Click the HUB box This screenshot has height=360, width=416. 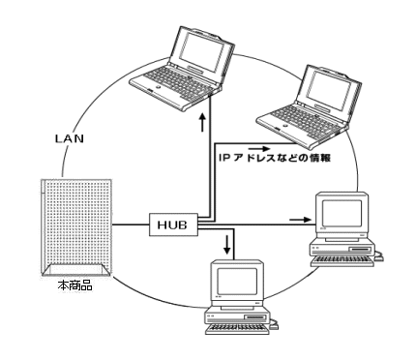[x=173, y=225]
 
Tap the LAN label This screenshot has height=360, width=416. [x=70, y=138]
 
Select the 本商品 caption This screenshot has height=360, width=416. [x=74, y=285]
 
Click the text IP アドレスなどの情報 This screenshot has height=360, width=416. [x=275, y=158]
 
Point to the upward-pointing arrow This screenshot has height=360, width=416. [x=202, y=122]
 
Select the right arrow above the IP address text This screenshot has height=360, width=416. [x=259, y=149]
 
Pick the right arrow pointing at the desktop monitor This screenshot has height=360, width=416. [x=300, y=220]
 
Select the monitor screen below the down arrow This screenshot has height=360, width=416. [x=237, y=281]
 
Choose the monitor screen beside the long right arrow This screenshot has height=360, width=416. [x=342, y=213]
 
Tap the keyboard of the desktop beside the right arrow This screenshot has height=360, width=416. [x=342, y=261]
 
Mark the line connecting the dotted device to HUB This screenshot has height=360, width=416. [x=131, y=225]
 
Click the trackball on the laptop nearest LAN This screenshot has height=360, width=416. [x=158, y=87]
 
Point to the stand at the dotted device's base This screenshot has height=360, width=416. [x=76, y=270]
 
